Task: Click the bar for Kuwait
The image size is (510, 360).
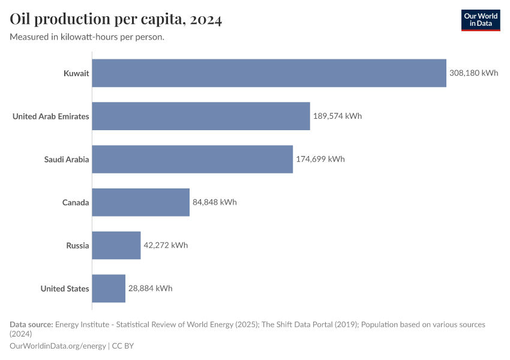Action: [x=269, y=73]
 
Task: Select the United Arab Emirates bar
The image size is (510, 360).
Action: [x=201, y=116]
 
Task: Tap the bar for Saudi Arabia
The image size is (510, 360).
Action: [x=192, y=159]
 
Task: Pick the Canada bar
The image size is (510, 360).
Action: [x=140, y=202]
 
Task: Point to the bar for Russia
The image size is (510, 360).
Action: [x=116, y=245]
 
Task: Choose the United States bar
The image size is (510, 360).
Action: [x=109, y=289]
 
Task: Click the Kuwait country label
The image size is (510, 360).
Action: [x=76, y=73]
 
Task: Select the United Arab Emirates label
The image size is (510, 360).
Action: [x=51, y=116]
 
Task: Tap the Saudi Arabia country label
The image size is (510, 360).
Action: [x=67, y=159]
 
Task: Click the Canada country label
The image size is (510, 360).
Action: [x=76, y=202]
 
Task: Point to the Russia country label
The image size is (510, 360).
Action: [x=78, y=245]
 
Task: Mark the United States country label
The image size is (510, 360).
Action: [x=65, y=289]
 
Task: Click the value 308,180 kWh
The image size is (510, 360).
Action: [x=474, y=73]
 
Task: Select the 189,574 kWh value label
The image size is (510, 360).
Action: [x=338, y=116]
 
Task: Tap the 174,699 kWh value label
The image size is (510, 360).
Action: [x=320, y=159]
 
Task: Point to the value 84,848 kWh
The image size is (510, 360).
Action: [x=215, y=202]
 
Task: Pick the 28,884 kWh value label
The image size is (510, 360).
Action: [x=151, y=289]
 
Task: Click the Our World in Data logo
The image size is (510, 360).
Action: [x=480, y=20]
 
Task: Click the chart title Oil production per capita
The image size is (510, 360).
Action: [x=116, y=20]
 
